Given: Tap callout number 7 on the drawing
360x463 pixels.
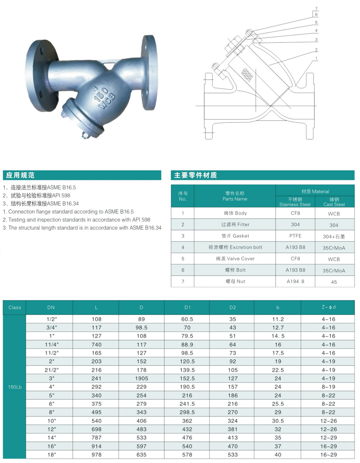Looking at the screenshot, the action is coord(316,8).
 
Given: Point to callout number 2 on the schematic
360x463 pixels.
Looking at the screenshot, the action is coord(316,50).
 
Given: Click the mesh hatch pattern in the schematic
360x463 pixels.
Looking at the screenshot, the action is coord(247,75).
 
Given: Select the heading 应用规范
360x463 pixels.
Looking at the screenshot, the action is coord(20,175).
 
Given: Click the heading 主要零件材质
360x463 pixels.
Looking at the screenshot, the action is coord(196,175).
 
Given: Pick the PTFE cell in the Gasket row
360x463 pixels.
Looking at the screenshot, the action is coord(295,236).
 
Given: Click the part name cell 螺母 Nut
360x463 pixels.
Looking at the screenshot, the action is coord(235,281).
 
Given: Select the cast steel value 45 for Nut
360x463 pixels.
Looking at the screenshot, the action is coord(334,282).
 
